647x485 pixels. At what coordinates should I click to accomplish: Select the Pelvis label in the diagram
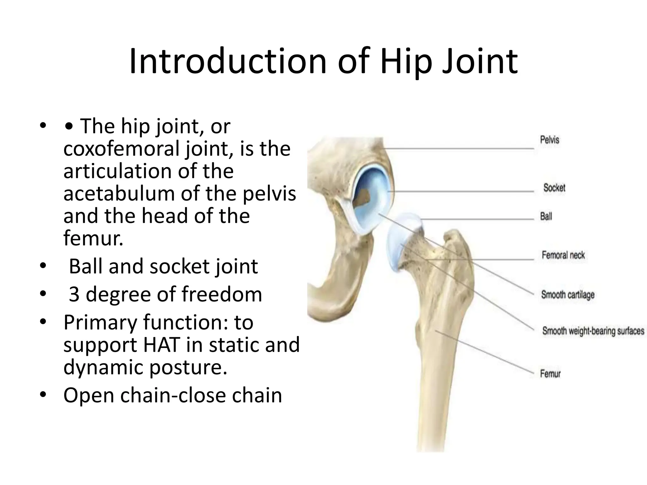tap(549, 140)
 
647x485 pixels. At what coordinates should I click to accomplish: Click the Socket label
tap(554, 188)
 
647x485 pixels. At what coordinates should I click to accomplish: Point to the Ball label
tap(546, 216)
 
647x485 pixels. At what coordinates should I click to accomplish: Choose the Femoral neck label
tap(563, 255)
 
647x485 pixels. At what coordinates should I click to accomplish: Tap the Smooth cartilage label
tap(568, 295)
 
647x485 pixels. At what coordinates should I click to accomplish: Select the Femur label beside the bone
tap(550, 374)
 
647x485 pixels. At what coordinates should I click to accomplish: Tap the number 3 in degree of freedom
tap(74, 294)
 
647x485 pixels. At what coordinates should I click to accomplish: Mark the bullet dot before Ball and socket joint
tap(43, 266)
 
